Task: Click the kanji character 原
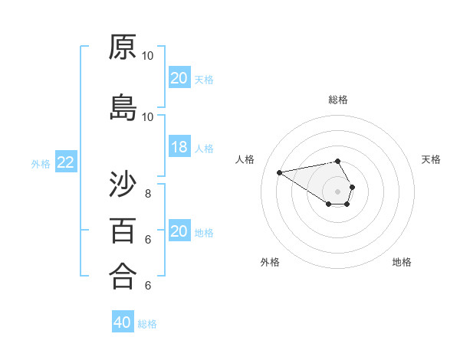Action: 123,47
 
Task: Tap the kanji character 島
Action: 123,108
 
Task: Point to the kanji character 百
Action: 123,230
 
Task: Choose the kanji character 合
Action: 123,276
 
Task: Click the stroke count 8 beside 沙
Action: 148,193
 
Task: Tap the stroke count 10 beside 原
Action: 148,56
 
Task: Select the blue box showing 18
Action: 179,147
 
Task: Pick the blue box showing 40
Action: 123,322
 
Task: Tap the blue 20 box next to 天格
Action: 179,78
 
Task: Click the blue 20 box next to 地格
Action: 179,231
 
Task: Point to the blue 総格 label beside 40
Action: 147,324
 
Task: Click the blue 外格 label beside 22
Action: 41,163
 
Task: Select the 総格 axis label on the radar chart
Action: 338,100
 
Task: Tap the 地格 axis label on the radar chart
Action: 402,262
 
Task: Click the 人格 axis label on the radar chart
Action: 245,159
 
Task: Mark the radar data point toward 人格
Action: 280,172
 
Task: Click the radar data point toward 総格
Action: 338,161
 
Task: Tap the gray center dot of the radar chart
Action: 338,191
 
